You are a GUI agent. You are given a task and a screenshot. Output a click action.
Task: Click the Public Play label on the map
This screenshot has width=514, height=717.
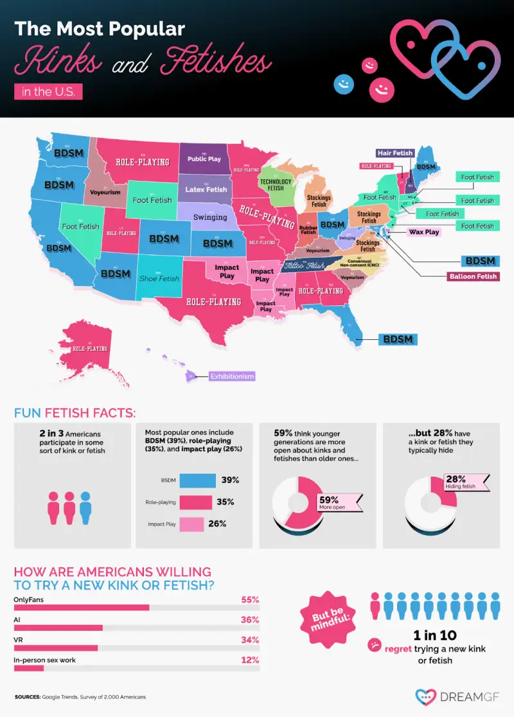coord(204,159)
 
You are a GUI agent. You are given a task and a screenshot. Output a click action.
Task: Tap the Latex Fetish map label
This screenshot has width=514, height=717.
coord(206,190)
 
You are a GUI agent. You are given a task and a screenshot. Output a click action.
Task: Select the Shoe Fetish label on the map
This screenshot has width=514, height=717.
coord(159,278)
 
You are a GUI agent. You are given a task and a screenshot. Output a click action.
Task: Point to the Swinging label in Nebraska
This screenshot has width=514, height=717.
coord(210,217)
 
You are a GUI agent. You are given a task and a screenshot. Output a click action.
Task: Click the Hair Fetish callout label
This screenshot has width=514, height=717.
coord(394,153)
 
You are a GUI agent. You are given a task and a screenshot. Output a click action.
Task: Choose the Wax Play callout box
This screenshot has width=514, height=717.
coord(423,232)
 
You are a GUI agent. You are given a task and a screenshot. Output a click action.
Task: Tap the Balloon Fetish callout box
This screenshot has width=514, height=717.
coord(474,277)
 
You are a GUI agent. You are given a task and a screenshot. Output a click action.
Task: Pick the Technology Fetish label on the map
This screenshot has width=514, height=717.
coord(276,184)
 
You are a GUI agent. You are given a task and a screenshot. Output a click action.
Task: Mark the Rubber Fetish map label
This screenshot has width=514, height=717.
coord(308,229)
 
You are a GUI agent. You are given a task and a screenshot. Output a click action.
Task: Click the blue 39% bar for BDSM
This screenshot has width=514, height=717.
coord(198,481)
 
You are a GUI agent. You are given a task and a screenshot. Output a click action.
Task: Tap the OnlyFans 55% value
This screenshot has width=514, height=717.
coord(249,599)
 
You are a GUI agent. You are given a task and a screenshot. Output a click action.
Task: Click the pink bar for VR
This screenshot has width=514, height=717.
coord(55,648)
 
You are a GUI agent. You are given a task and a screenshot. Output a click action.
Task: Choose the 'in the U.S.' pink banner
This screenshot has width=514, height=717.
coord(48,91)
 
